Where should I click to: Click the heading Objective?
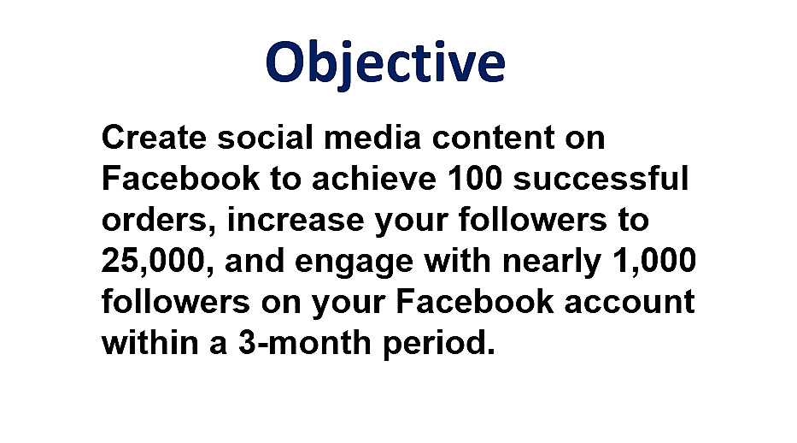(x=385, y=63)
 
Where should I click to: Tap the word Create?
(x=154, y=138)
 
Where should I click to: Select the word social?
(x=266, y=138)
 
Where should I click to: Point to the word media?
(x=372, y=138)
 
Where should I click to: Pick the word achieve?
(x=374, y=179)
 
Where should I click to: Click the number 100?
(x=475, y=179)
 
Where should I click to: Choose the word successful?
(x=601, y=179)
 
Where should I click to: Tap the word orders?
(x=159, y=221)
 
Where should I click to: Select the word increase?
(x=296, y=221)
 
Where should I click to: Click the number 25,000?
(x=157, y=261)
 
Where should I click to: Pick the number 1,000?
(x=654, y=261)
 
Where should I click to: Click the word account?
(x=630, y=302)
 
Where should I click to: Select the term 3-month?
(x=304, y=342)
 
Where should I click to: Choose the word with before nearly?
(x=458, y=261)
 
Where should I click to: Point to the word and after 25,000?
(x=255, y=261)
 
